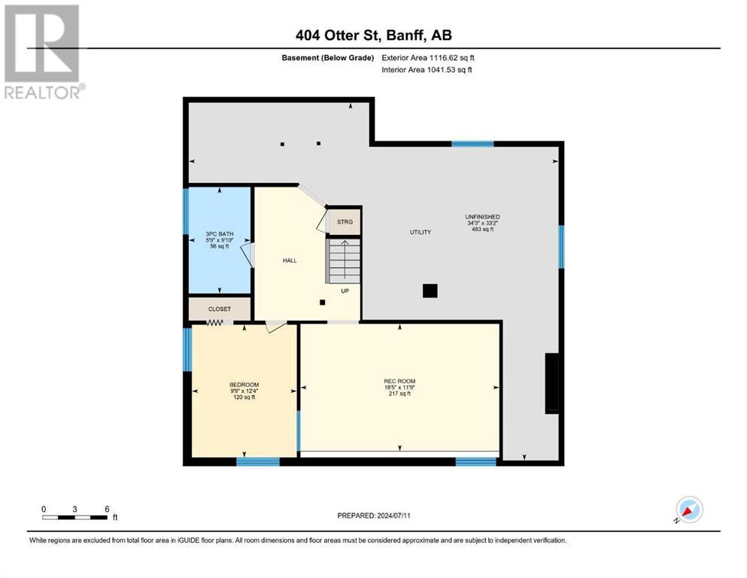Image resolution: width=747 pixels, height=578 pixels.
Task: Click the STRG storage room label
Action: coord(345,222)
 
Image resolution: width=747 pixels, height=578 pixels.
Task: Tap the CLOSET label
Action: coord(220,309)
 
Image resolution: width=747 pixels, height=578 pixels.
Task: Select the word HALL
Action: coord(290,260)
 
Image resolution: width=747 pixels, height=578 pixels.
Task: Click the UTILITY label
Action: coord(421,232)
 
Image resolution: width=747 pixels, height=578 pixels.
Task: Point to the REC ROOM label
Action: coord(399,382)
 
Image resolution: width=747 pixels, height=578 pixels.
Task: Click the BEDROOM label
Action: coord(244,385)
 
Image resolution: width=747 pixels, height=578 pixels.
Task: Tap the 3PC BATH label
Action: coord(220,234)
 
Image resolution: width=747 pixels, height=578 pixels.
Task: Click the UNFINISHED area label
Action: coord(483,218)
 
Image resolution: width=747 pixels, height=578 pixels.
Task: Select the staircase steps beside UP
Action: coord(343,260)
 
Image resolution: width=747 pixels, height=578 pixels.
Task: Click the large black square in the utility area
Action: coord(430,291)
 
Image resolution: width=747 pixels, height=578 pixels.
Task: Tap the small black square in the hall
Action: coord(323,302)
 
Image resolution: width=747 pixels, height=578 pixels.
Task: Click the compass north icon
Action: coord(689,510)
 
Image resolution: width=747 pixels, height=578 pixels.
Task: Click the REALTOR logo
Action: coord(44,51)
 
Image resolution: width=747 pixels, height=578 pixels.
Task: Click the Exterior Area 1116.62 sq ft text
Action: coord(428,58)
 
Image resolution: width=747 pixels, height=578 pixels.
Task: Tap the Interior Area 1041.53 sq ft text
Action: coord(427,69)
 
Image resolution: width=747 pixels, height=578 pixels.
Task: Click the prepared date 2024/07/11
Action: coord(393,516)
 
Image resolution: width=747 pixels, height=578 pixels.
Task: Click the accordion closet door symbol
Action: coord(215,323)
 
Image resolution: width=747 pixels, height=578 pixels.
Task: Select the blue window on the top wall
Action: coord(472,144)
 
